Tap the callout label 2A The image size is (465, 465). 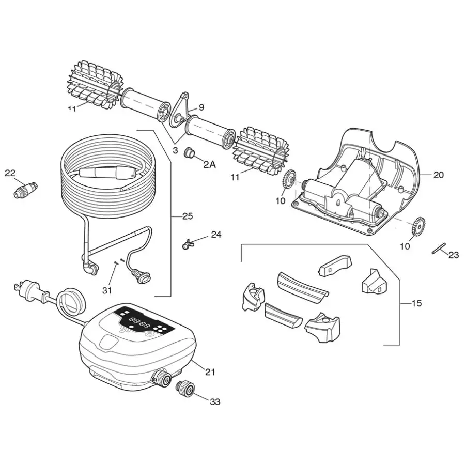click(x=209, y=164)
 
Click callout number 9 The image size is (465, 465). click(x=201, y=107)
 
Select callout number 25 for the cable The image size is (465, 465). click(x=187, y=216)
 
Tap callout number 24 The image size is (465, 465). click(x=215, y=235)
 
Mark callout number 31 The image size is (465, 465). click(x=106, y=290)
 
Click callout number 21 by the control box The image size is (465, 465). click(x=209, y=371)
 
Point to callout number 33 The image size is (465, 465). click(x=214, y=401)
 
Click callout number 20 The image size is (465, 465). click(x=438, y=175)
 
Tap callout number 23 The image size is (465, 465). click(x=453, y=254)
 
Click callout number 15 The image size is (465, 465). click(x=416, y=303)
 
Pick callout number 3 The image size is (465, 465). click(x=175, y=150)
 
